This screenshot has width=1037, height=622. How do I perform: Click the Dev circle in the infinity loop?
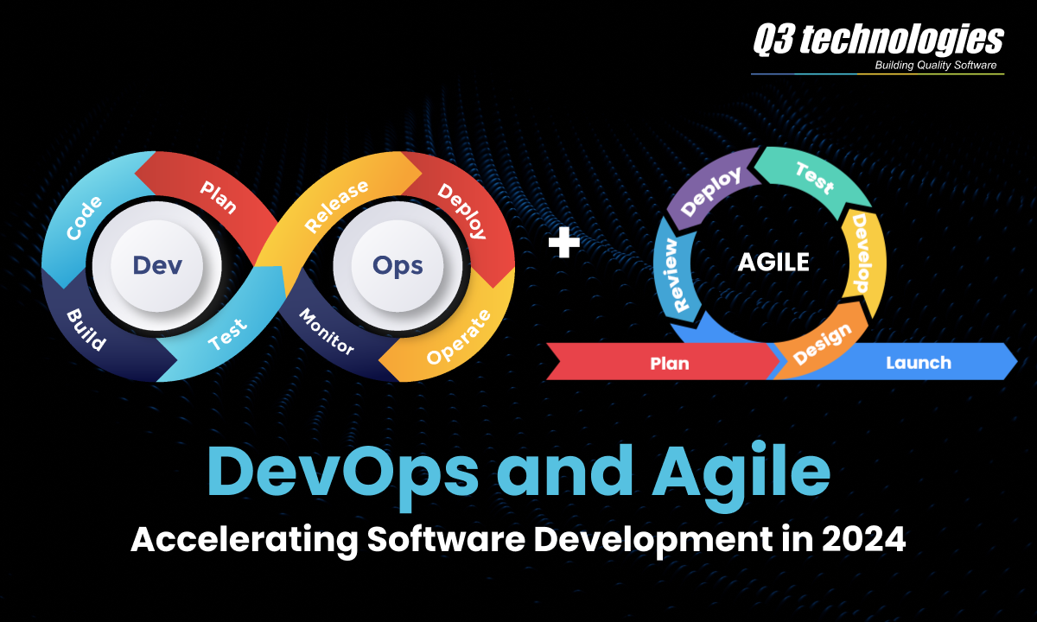(x=156, y=264)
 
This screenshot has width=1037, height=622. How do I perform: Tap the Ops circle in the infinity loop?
(x=398, y=264)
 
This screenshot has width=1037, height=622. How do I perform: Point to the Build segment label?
(x=86, y=329)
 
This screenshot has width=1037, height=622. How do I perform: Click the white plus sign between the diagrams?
(x=564, y=244)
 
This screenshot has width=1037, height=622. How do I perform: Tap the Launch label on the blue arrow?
(x=918, y=363)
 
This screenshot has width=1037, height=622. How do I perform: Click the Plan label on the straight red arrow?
(x=670, y=363)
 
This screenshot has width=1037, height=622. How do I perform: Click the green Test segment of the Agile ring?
(x=814, y=177)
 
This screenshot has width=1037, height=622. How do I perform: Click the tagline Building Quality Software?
(x=936, y=66)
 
